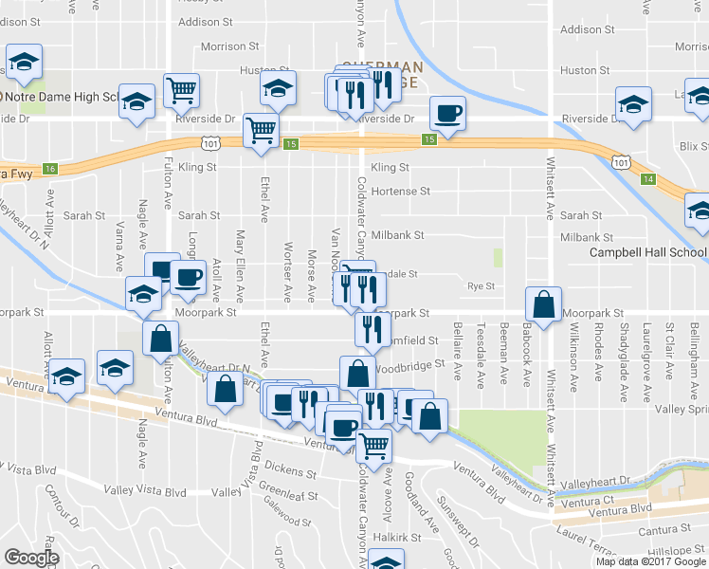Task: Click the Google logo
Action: [x=30, y=558]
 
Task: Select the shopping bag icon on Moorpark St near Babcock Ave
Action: [x=545, y=305]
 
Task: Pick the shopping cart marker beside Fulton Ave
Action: [x=180, y=92]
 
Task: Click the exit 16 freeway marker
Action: [x=50, y=168]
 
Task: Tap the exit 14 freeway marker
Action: [x=646, y=178]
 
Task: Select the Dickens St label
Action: [x=290, y=471]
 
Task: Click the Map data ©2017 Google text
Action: [x=650, y=561]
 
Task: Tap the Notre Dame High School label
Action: [x=62, y=97]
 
